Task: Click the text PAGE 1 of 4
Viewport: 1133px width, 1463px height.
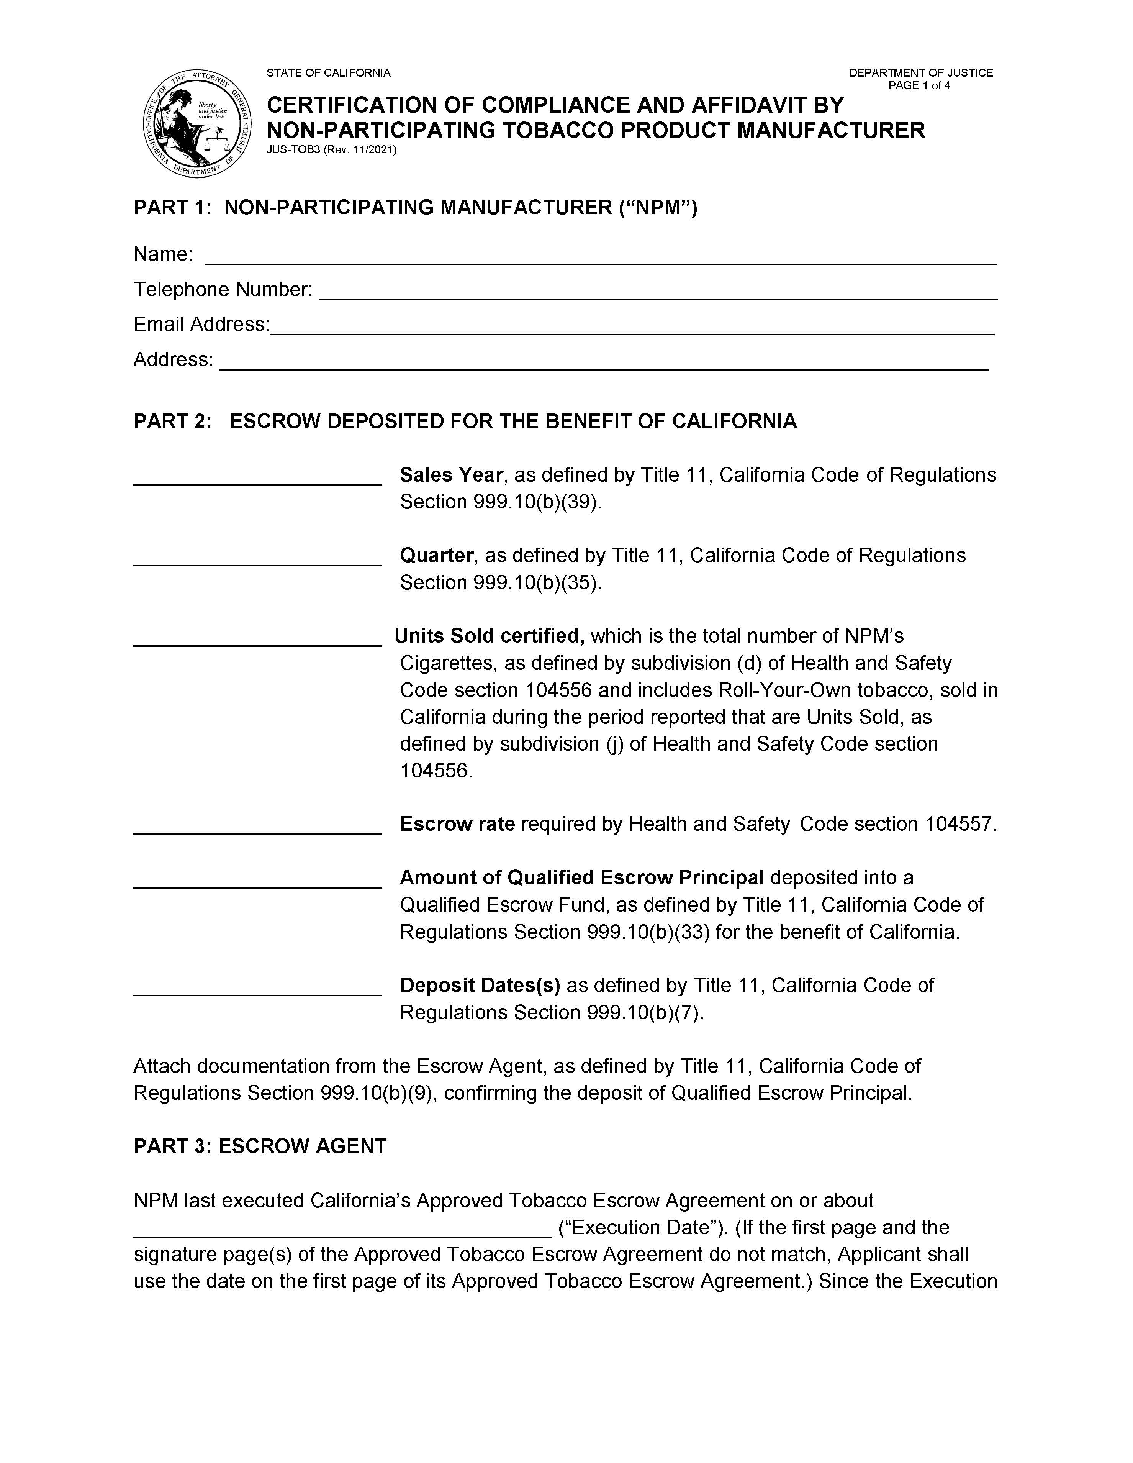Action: pyautogui.click(x=919, y=86)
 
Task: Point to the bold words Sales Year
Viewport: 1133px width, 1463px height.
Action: pyautogui.click(x=451, y=475)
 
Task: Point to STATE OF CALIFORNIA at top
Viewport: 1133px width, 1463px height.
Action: pyautogui.click(x=328, y=72)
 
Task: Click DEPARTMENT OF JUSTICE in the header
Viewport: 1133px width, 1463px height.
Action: pyautogui.click(x=921, y=72)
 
